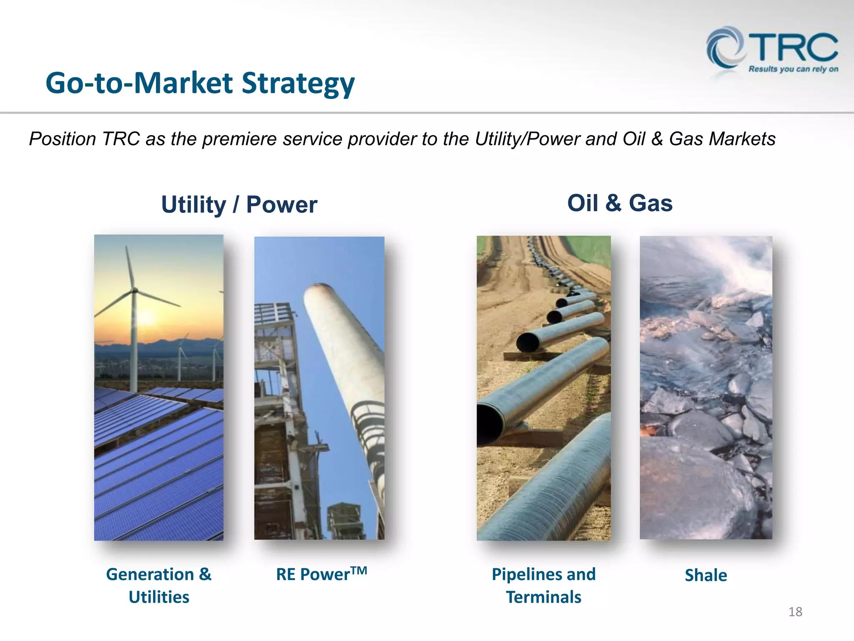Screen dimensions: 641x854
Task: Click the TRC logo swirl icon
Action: tap(725, 48)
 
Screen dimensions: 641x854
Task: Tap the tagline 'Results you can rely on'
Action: tap(793, 69)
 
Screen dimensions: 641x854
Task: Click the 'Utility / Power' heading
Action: tap(239, 204)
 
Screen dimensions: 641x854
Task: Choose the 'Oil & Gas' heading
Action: tap(620, 203)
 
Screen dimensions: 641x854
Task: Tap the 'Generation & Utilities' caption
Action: tap(159, 585)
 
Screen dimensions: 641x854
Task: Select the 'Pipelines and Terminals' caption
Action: tap(543, 585)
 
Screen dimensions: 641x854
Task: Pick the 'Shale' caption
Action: tap(706, 575)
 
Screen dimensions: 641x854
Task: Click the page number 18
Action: tap(795, 612)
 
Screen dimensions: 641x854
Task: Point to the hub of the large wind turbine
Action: tap(134, 290)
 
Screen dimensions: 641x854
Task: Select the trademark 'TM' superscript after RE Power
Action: tap(359, 570)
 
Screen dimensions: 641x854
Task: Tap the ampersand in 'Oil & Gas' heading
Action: tap(613, 203)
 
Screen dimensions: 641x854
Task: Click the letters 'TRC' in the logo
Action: tap(796, 47)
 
